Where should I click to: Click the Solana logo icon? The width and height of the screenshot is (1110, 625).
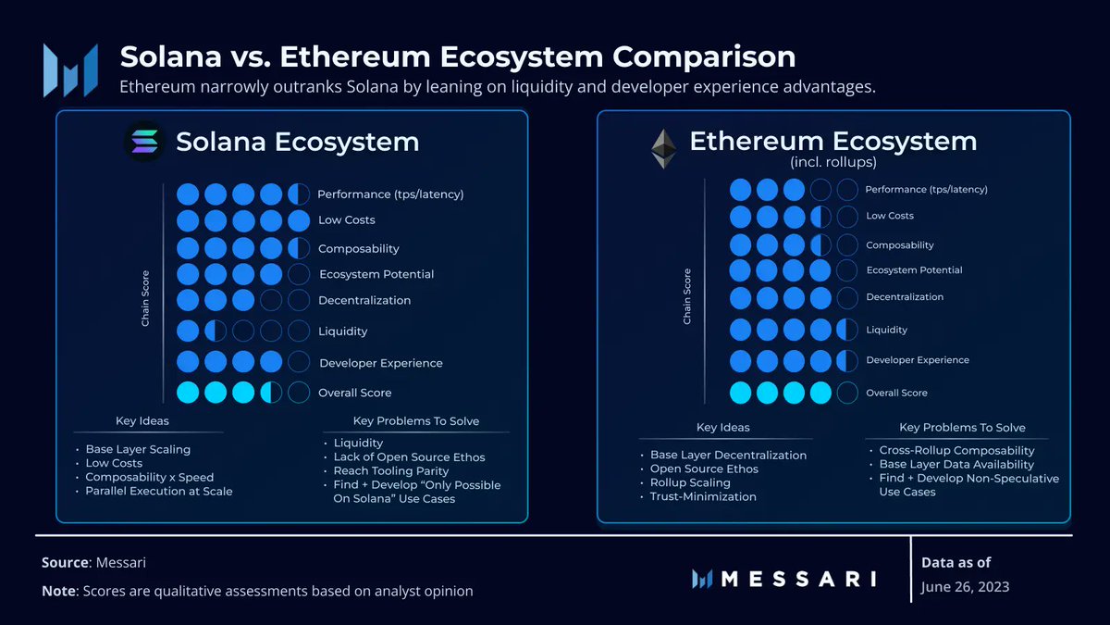click(x=145, y=142)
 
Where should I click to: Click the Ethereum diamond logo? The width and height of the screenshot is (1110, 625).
click(x=662, y=147)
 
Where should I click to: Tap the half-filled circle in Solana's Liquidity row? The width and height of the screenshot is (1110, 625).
click(x=216, y=331)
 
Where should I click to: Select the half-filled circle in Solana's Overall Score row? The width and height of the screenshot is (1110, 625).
click(x=271, y=393)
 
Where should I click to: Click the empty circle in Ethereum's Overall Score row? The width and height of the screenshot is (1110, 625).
click(x=847, y=393)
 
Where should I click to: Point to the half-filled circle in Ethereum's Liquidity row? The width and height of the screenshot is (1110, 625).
click(x=847, y=330)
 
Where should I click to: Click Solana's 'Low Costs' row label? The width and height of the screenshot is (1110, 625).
click(x=346, y=220)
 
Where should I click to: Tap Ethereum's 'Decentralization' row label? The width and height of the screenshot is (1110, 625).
click(x=905, y=297)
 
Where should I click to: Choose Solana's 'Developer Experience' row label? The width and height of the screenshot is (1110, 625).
click(x=380, y=363)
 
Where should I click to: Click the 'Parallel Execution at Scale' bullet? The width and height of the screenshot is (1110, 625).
click(x=158, y=492)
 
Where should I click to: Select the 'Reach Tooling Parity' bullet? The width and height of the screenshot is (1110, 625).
click(x=391, y=471)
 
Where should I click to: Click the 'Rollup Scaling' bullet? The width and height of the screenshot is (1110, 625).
click(x=690, y=482)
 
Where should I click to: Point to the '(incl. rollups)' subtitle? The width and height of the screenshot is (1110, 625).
click(x=832, y=163)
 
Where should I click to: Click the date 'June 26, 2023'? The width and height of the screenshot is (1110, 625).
click(x=966, y=586)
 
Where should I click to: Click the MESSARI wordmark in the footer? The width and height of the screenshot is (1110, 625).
click(x=797, y=579)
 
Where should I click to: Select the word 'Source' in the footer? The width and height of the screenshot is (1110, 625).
click(x=65, y=563)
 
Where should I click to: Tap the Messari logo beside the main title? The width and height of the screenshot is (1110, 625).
click(x=70, y=69)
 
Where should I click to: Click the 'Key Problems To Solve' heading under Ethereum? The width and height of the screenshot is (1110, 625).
click(x=962, y=428)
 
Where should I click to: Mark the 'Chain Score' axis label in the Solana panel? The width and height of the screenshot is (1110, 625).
click(x=145, y=298)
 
